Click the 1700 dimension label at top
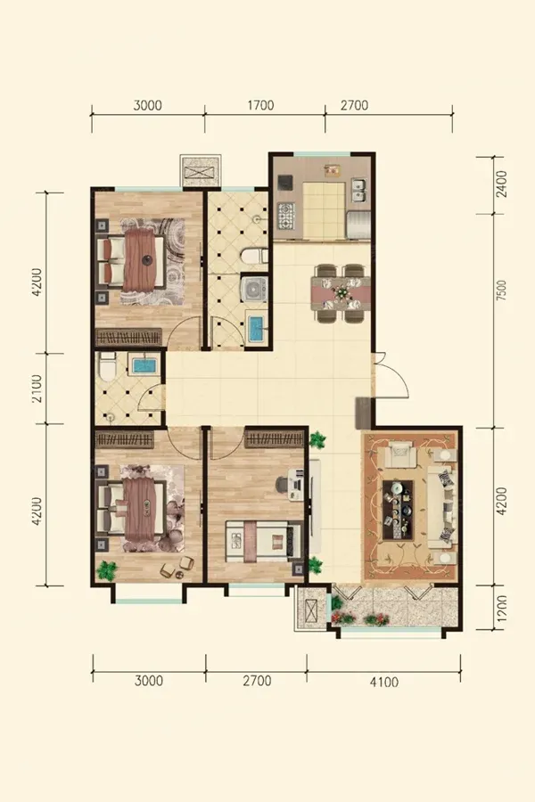click(x=260, y=105)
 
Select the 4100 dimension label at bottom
click(x=384, y=682)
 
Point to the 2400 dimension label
click(x=502, y=184)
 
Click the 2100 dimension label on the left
click(x=37, y=389)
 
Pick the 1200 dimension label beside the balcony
click(x=502, y=608)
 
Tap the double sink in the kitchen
click(x=358, y=191)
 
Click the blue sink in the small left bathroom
click(x=146, y=364)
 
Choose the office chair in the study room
click(x=282, y=483)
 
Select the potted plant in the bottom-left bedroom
click(x=107, y=569)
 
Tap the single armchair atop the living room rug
click(x=402, y=455)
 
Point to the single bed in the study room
click(x=264, y=541)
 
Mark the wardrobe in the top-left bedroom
click(x=129, y=336)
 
